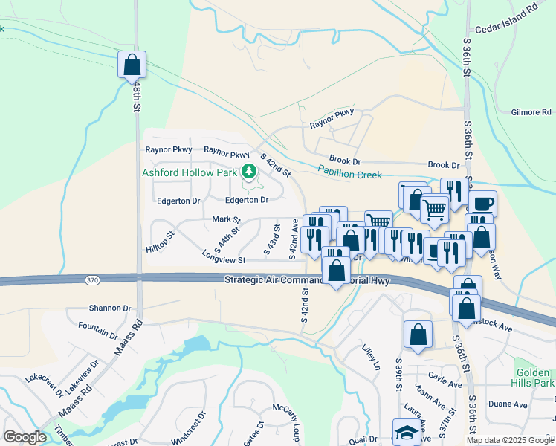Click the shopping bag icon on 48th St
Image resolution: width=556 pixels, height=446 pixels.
[x=132, y=65]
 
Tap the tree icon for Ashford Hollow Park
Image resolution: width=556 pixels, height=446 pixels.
[x=249, y=172]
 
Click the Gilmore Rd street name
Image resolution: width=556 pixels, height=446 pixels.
[x=531, y=112]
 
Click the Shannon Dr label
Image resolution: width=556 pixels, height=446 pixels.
[x=109, y=308]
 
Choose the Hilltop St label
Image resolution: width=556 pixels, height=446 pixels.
[x=160, y=244]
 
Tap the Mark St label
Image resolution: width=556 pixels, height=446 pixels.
[x=227, y=219]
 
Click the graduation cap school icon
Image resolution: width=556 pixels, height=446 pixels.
[x=407, y=432]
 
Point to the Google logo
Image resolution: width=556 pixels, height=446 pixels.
[x=25, y=437]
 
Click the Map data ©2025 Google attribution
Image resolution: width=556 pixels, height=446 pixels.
[x=509, y=440]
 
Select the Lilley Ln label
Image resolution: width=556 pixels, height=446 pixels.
[x=372, y=357]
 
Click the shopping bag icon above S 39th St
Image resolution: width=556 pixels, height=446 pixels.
[x=418, y=335]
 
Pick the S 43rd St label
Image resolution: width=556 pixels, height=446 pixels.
[x=272, y=243]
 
